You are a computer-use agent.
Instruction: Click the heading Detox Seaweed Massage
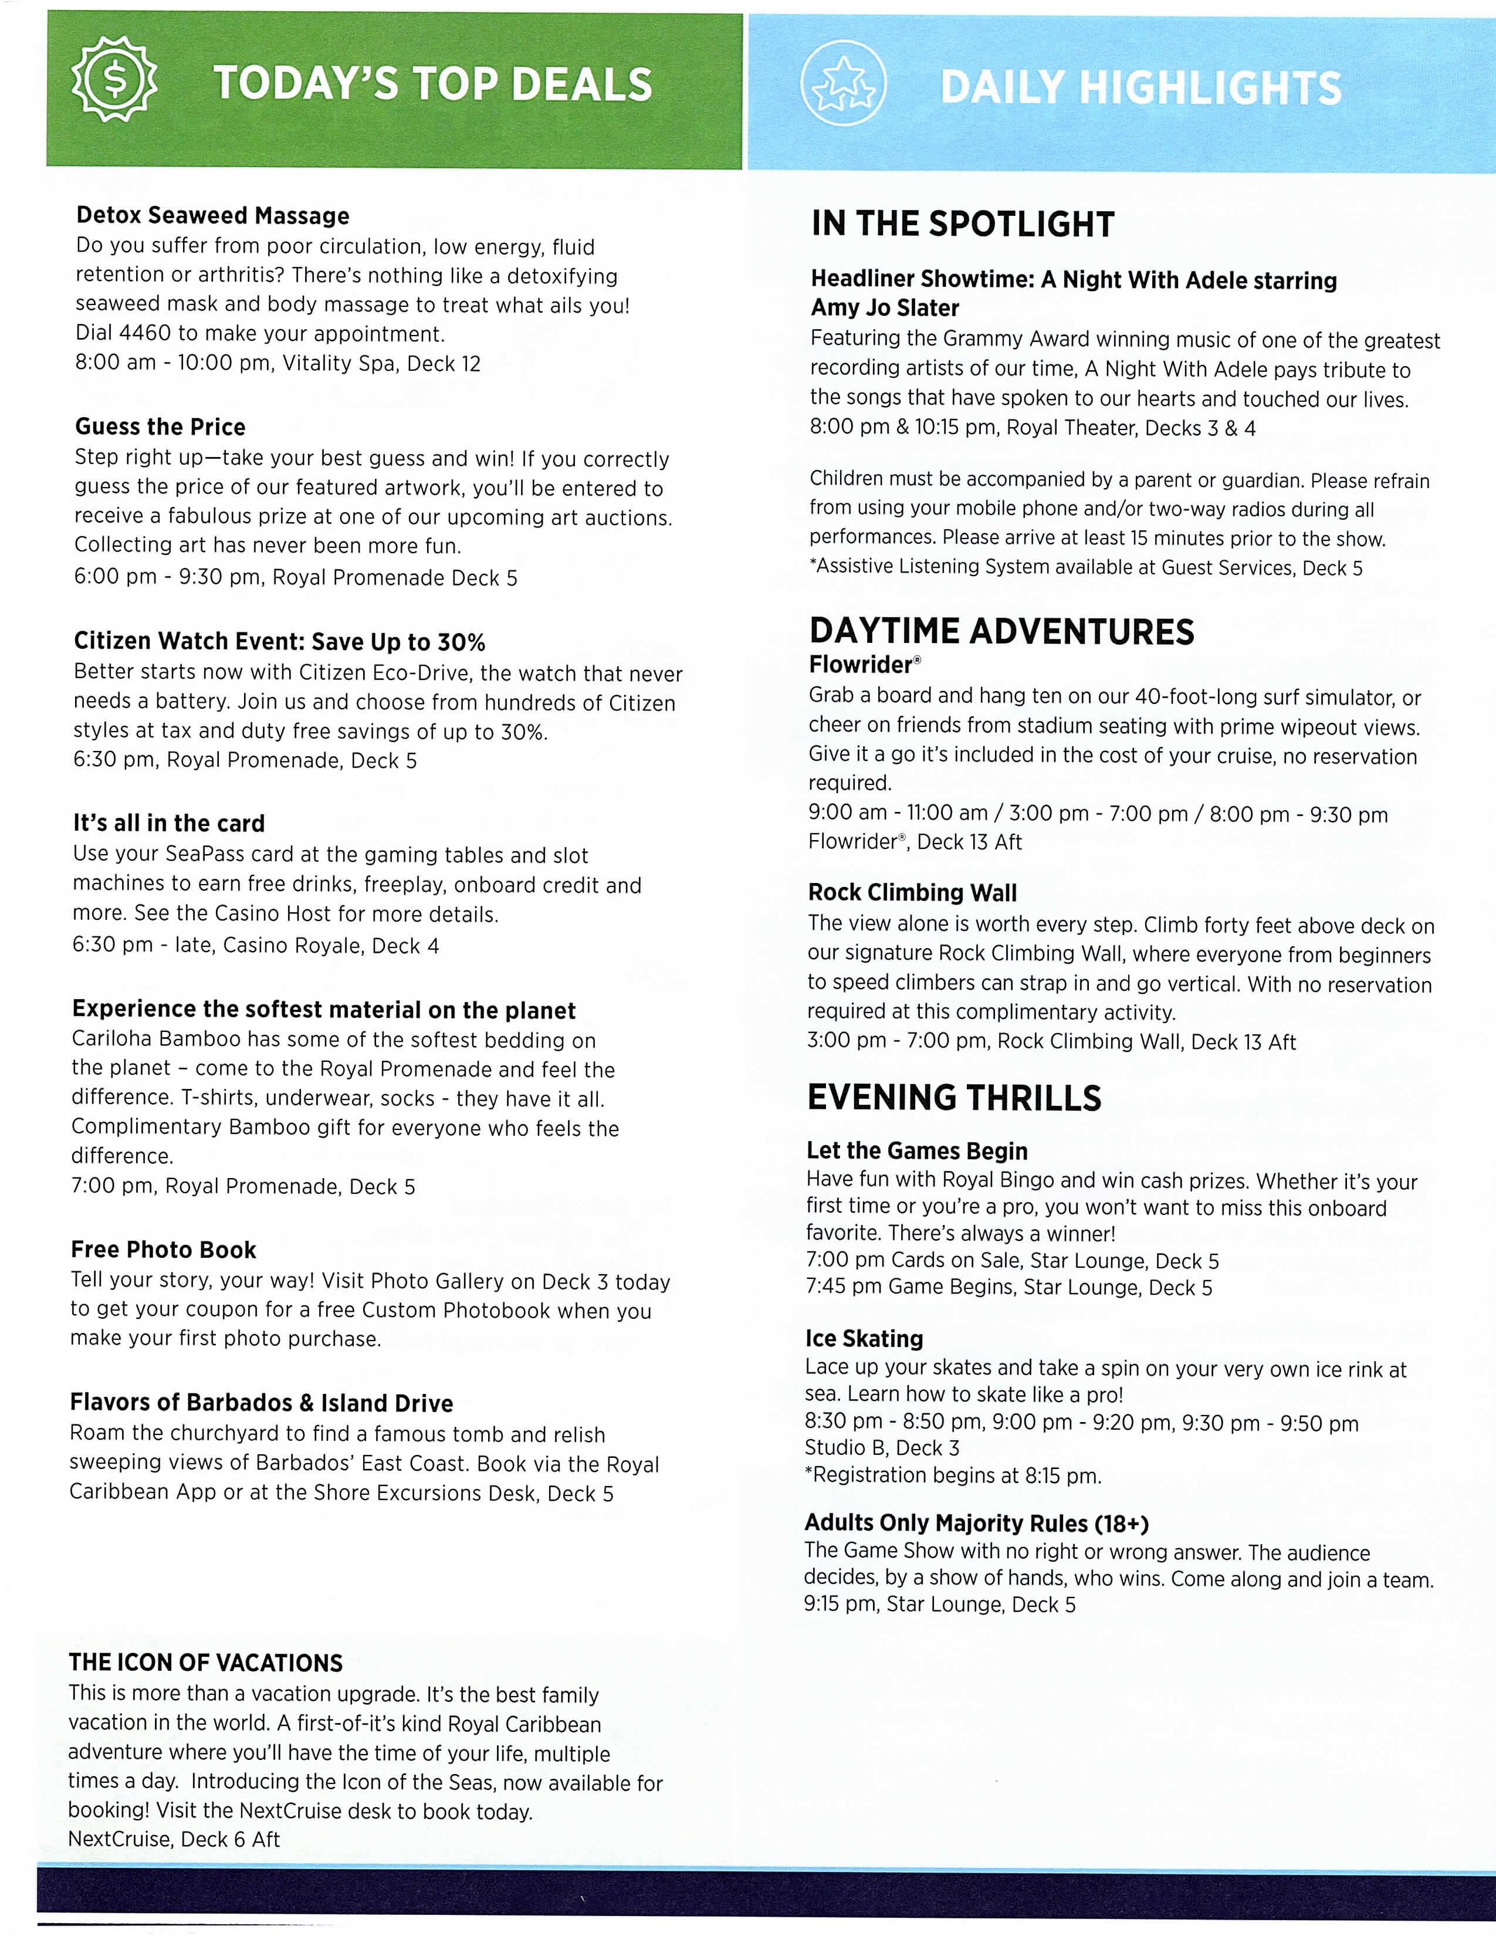213,215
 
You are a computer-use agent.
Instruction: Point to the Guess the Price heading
160,427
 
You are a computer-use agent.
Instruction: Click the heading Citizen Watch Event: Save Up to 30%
279,642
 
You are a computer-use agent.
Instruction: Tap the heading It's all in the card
168,824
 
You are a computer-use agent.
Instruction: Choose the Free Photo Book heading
163,1250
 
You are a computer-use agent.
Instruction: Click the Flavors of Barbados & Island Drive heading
262,1403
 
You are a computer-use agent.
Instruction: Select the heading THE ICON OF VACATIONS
205,1663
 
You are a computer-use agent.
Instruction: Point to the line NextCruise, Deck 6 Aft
174,1839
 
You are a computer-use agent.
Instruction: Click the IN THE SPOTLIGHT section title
963,224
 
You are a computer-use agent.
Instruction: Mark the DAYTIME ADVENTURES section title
1001,632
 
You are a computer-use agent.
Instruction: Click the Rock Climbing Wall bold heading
912,893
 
